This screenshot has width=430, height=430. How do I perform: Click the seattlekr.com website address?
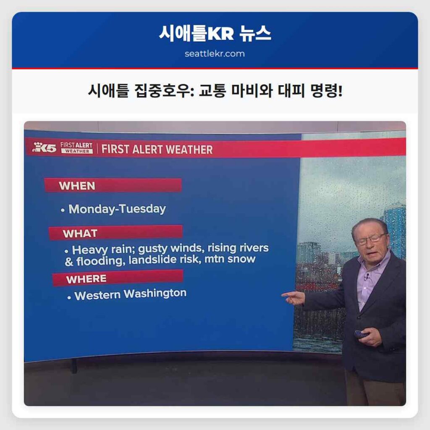[215, 54]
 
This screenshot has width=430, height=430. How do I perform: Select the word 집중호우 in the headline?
[160, 90]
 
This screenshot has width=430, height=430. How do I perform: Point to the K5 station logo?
[44, 147]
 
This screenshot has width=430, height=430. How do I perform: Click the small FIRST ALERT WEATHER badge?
[76, 147]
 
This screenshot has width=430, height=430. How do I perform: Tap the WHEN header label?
[77, 186]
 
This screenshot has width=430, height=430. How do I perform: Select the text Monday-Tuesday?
[117, 209]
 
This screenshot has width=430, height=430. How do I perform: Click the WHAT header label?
[80, 233]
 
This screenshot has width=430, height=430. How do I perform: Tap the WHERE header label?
[86, 279]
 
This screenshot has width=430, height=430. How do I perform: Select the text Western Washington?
[130, 294]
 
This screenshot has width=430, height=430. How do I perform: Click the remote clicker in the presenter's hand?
[361, 334]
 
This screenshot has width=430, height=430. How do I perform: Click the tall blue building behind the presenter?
[395, 227]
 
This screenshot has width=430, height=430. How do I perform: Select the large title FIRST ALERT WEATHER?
[157, 149]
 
